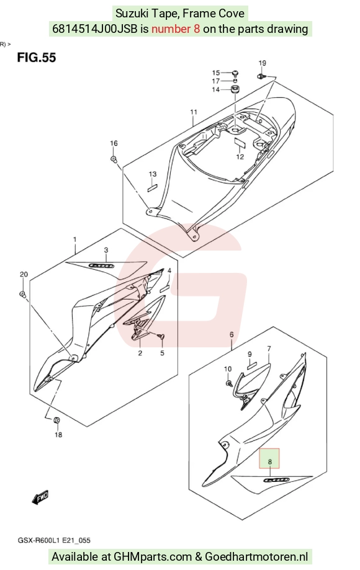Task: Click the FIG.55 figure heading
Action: (37, 58)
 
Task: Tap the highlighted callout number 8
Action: (269, 461)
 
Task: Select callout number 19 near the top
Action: (262, 63)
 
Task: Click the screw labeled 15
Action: (235, 73)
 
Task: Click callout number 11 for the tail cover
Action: (194, 112)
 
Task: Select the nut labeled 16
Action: (114, 159)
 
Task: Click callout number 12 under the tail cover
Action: (240, 157)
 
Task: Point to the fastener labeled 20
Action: (22, 293)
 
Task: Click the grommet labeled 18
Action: (56, 421)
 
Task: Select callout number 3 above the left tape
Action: (106, 250)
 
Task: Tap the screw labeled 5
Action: (161, 337)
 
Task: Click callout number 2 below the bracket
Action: (140, 353)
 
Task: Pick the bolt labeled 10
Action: (228, 383)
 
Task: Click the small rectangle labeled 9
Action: (251, 366)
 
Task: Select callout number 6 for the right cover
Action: (232, 335)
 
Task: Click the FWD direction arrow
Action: (40, 497)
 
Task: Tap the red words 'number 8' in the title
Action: (176, 29)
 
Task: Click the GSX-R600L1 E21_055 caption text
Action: (54, 540)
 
